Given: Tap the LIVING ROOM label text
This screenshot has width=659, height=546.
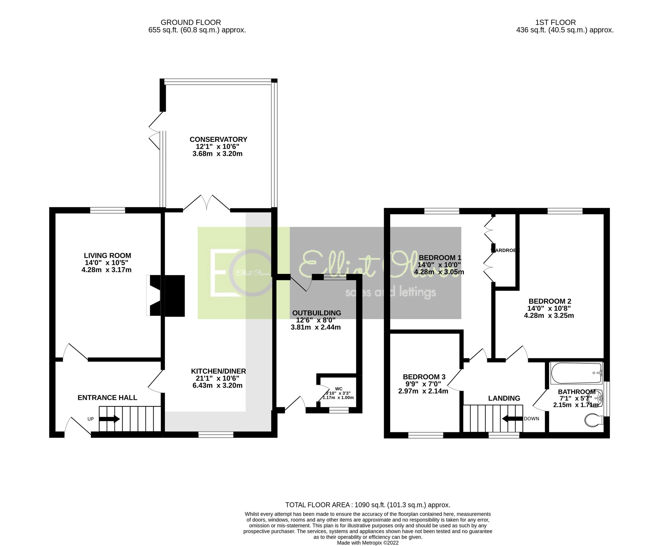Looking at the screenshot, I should coord(107,256).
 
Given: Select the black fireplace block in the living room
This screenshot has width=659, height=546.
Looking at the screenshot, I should coord(175,296).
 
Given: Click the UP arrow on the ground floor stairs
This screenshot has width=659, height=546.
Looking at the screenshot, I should coord(109,419).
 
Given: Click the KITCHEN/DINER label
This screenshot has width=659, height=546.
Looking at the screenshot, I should coord(219,371).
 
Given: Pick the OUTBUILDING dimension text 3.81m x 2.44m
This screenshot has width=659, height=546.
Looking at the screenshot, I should coord(316,327).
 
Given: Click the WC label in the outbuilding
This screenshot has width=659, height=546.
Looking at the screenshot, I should coord(339,389).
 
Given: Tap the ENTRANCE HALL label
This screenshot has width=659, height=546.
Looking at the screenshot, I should coord(107,398).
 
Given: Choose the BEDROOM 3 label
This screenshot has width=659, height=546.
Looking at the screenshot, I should coord(424,377).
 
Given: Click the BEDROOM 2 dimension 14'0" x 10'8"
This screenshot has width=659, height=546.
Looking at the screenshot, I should coord(549,308).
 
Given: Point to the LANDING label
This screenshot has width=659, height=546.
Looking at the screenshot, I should coord(504,399).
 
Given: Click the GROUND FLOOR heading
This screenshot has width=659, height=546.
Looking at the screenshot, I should coord(191,23).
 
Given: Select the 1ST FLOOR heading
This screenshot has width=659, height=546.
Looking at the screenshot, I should coord(555,23).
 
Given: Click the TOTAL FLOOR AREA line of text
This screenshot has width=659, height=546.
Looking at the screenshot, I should coord(367,505).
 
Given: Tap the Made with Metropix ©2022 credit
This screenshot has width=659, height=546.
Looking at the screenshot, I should coord(367,543).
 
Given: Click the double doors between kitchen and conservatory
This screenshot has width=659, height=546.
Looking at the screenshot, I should coord(206,203).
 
